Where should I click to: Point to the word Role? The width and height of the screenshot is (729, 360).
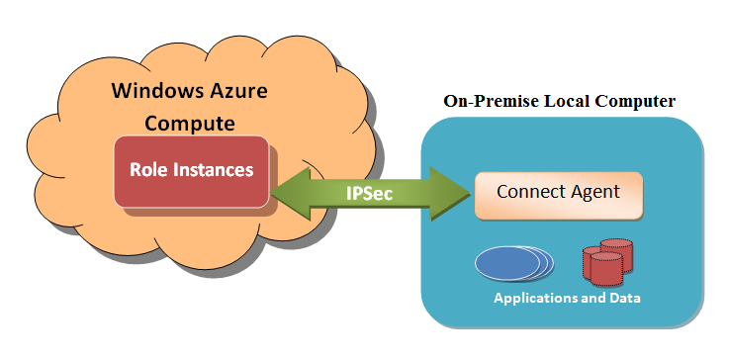[x=148, y=169]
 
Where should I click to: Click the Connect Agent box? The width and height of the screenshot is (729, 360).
[x=559, y=194]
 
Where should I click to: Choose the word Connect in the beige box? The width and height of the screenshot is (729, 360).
[x=530, y=192]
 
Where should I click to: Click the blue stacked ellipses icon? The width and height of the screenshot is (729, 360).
[x=510, y=262]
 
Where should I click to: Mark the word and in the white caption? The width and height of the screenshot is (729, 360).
[x=592, y=296]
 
